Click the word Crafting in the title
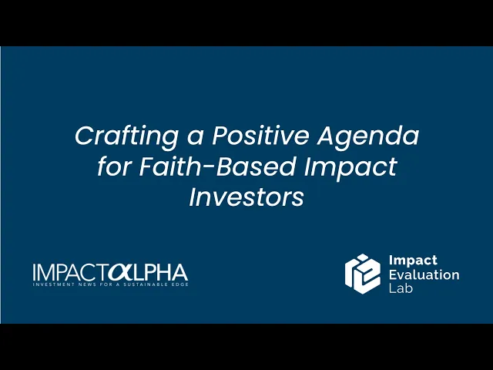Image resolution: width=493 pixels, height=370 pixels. tap(127, 136)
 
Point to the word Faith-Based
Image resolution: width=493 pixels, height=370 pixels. tap(217, 166)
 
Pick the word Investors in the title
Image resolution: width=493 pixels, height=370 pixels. tap(246, 197)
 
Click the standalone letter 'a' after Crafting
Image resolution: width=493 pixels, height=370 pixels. tap(195, 139)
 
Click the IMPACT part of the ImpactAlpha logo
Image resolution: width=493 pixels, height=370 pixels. tap(70, 272)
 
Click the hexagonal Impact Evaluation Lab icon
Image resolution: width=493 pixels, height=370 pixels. tap(363, 274)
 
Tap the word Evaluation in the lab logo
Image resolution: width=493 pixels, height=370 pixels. tap(424, 274)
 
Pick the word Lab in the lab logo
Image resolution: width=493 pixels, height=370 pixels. tap(401, 288)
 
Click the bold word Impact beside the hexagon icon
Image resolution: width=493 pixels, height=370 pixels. tap(413, 261)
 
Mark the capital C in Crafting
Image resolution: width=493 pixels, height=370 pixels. tap(84, 136)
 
